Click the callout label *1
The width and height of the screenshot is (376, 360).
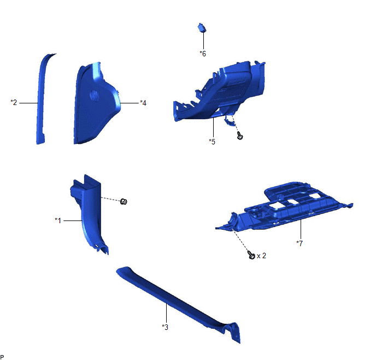point(58,220)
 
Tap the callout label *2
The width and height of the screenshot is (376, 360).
point(14,102)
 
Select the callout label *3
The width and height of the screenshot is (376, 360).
point(165,327)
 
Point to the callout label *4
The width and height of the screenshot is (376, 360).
point(143,103)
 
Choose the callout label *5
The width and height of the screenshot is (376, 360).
point(212,142)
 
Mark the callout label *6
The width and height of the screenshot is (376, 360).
point(203,54)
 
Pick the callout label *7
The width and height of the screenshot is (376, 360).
point(299,243)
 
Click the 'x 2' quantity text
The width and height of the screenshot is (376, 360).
point(261,256)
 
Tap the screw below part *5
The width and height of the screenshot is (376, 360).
point(240,136)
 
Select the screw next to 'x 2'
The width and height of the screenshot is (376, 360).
point(251,255)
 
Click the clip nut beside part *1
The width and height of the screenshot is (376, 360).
point(124,201)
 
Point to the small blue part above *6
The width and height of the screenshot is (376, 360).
point(202,27)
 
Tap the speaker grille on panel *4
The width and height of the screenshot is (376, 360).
point(95,96)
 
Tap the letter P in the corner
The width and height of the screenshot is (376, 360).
point(2,357)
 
